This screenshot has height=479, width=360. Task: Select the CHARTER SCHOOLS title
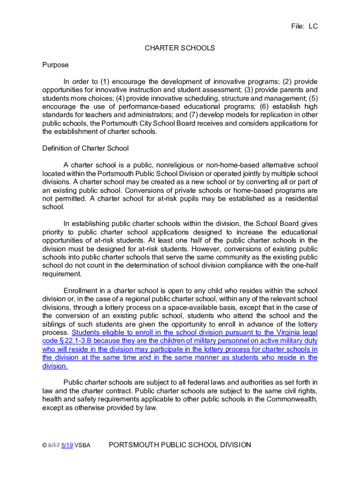coord(180,48)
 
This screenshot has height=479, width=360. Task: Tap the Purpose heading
coord(55,65)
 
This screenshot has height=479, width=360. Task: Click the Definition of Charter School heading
coord(85,148)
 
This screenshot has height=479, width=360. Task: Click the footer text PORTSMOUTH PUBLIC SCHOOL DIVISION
coord(180,445)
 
